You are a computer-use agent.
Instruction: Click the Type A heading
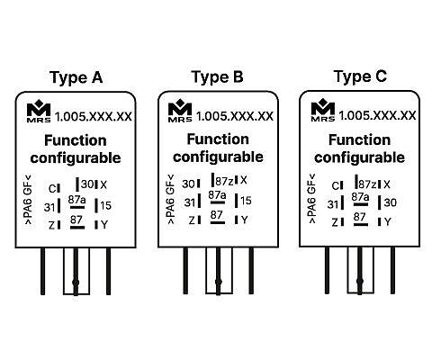tap(76, 77)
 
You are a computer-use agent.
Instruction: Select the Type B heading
tap(218, 77)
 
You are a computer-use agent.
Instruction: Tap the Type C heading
tap(360, 76)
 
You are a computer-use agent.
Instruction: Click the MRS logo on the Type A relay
tap(39, 112)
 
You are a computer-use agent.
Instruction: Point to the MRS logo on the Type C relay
tap(323, 111)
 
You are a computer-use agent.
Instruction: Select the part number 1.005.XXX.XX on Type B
tap(235, 116)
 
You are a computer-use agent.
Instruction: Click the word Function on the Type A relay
tap(76, 140)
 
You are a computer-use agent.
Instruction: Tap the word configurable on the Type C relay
tap(360, 157)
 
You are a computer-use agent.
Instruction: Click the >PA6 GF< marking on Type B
tap(170, 199)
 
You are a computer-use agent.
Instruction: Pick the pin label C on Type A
tap(52, 189)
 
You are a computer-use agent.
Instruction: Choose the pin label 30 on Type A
tap(87, 184)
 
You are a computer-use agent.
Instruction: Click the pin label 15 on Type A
tap(106, 205)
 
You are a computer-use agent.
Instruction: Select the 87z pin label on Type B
tap(224, 181)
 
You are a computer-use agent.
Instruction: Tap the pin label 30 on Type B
tap(188, 184)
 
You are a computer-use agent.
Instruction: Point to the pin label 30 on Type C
tap(391, 202)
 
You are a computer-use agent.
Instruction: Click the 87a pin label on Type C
tap(360, 197)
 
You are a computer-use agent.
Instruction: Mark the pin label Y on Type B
tap(245, 220)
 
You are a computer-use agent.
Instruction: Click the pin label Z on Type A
tap(52, 225)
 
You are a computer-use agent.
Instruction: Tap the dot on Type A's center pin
tap(76, 282)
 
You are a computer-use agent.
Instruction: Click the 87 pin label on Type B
tap(217, 215)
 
